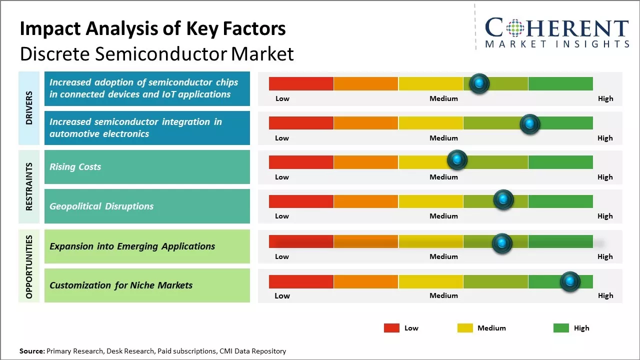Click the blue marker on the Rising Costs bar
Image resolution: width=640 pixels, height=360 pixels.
click(x=456, y=160)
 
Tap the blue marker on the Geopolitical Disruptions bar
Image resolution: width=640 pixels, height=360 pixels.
click(x=503, y=200)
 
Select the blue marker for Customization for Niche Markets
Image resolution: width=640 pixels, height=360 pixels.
click(x=569, y=281)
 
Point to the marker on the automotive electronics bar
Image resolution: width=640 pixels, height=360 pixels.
click(x=530, y=124)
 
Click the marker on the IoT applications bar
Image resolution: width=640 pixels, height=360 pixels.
click(x=479, y=83)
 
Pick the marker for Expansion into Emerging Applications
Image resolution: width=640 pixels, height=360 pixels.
click(x=502, y=243)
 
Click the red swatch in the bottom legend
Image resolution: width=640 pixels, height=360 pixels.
click(x=391, y=328)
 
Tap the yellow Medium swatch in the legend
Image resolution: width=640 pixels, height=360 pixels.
click(x=465, y=328)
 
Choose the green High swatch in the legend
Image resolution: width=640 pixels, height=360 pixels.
click(x=561, y=328)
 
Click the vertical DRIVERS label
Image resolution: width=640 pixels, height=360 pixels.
click(x=29, y=107)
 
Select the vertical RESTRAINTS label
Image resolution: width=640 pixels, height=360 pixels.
click(x=29, y=186)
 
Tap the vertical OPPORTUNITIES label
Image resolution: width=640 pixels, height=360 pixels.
click(x=29, y=266)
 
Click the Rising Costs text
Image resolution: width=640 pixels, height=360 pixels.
click(x=75, y=167)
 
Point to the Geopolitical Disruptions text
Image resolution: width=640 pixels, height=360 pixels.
click(x=101, y=206)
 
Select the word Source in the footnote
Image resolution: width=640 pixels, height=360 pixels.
click(x=32, y=351)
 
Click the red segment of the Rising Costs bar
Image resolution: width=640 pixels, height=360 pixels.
click(x=301, y=162)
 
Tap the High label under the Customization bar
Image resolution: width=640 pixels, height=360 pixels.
click(x=605, y=295)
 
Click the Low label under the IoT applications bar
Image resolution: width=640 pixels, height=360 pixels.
click(x=282, y=98)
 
